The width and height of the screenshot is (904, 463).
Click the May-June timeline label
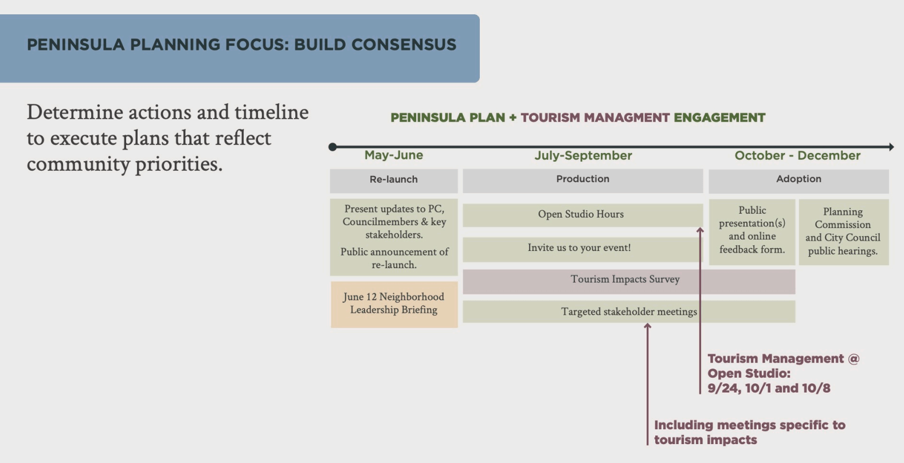(393, 155)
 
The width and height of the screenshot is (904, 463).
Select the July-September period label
(583, 156)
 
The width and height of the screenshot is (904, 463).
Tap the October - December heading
(797, 156)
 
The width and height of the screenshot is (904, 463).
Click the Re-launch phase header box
(394, 181)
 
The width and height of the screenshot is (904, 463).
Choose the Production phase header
(583, 181)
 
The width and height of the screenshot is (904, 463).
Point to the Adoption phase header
(799, 181)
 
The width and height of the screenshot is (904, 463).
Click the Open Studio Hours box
(583, 215)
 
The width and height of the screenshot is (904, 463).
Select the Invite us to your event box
(583, 249)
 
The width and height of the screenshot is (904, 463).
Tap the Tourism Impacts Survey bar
(629, 281)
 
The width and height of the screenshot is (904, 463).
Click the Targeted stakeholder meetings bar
(629, 311)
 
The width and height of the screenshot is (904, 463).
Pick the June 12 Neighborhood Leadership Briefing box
(394, 304)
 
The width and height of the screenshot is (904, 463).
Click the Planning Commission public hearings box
(844, 232)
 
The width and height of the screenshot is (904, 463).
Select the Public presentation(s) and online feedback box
(752, 232)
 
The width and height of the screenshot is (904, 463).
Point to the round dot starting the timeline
(332, 147)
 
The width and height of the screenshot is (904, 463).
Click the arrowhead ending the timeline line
(891, 147)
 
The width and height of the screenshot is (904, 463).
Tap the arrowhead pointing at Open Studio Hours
(700, 230)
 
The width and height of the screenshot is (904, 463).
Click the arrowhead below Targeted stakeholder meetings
(647, 326)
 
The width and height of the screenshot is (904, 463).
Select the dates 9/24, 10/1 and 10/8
(769, 389)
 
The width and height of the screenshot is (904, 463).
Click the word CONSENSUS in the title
(404, 45)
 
